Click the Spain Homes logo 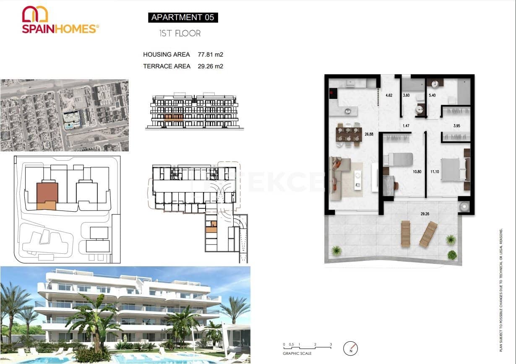pos(60,20)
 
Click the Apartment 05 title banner pos(182,17)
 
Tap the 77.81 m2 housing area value pos(210,55)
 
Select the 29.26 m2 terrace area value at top pos(210,66)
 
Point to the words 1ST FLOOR pos(180,34)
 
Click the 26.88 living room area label pos(369,135)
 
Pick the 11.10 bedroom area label pos(434,172)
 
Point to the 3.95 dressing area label pos(457,126)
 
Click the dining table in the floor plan pos(348,135)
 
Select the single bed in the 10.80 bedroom pos(399,159)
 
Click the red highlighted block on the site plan pos(47,193)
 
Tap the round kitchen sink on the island pos(348,111)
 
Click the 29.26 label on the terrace pos(425,214)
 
